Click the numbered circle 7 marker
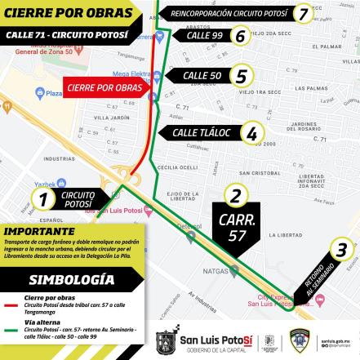click(x=303, y=13)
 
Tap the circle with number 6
click(x=239, y=35)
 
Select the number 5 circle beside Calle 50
click(x=239, y=76)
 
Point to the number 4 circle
click(x=252, y=132)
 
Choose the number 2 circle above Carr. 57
click(x=236, y=195)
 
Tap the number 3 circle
click(x=342, y=250)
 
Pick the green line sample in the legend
click(x=11, y=331)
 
